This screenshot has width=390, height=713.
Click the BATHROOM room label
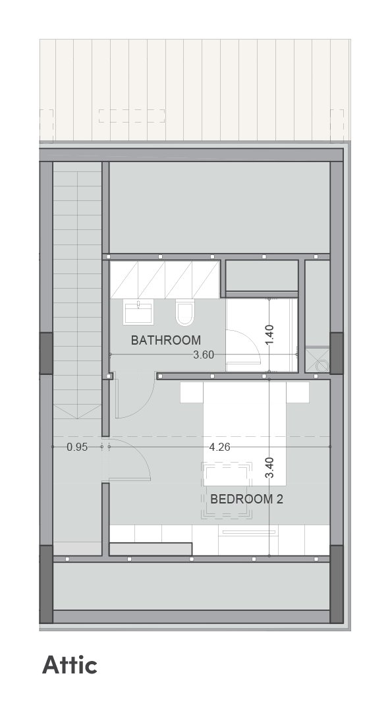[165, 339]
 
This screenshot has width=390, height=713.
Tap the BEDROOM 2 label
[246, 499]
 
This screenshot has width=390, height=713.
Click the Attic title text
[70, 665]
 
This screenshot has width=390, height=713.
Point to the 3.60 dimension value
[203, 355]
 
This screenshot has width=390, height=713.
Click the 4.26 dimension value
[219, 447]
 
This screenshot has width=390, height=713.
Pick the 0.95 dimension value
[77, 447]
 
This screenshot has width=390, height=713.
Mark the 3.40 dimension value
[269, 467]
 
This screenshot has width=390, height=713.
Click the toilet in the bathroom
[185, 312]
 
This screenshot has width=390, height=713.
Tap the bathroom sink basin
[138, 312]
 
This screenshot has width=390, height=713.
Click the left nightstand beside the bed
[191, 392]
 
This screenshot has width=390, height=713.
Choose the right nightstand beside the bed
[297, 392]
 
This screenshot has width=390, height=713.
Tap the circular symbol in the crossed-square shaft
[322, 366]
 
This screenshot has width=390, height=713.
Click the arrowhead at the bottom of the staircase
[77, 417]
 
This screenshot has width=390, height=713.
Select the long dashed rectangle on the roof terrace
[131, 115]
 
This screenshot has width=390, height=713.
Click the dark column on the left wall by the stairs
[46, 353]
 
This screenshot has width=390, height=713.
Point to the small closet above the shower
[262, 275]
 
